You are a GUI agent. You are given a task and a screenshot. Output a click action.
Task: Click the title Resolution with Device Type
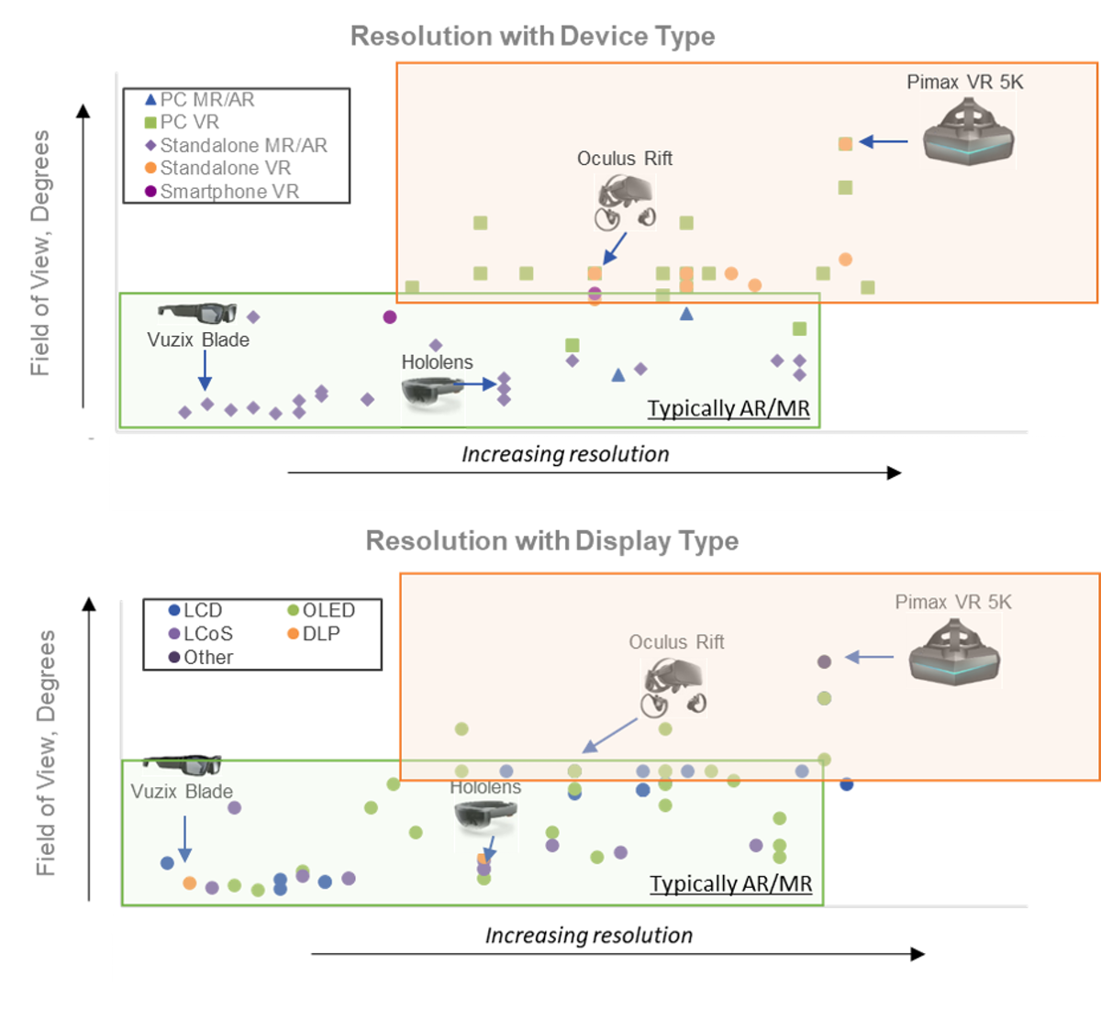532,36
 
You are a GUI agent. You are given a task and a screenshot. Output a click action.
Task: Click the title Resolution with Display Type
551,540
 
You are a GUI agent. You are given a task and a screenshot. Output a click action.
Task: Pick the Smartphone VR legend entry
228,191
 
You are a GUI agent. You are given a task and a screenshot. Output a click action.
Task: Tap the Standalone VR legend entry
225,168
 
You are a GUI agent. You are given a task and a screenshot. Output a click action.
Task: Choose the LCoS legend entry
207,634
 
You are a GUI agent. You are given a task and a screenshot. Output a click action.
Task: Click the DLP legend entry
320,634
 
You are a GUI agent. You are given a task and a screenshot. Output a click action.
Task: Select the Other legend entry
207,657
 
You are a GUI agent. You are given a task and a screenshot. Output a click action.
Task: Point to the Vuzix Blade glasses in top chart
196,313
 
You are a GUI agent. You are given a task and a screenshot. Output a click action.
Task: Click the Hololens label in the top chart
437,362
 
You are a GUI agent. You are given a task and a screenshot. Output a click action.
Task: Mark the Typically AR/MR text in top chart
728,408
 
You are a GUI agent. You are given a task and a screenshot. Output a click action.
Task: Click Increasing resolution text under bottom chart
588,935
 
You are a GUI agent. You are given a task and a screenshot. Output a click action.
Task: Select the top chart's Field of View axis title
39,252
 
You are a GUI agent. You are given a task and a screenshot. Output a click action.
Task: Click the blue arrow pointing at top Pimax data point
884,142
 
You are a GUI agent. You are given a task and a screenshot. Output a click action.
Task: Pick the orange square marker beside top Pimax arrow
845,143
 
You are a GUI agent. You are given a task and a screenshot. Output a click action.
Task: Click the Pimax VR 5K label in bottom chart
953,602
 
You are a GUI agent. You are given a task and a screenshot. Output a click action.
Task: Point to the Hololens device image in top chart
432,393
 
